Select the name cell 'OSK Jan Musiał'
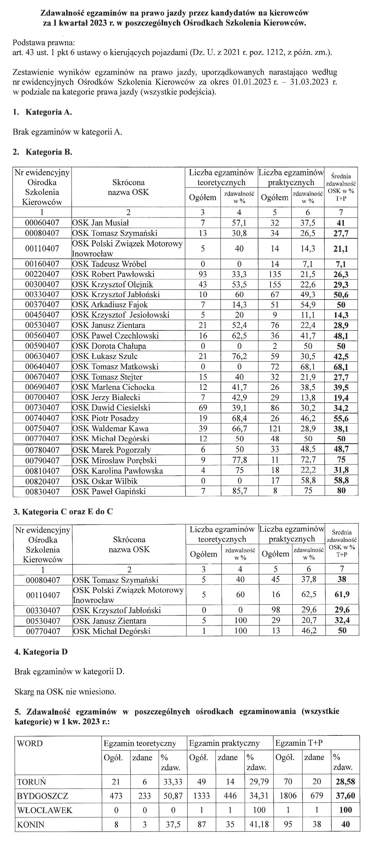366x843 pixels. click(100, 223)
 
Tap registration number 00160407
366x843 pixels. click(42, 264)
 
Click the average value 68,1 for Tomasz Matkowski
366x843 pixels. click(341, 367)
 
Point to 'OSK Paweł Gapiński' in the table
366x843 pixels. click(109, 491)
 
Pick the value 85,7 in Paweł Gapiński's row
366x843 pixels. click(239, 491)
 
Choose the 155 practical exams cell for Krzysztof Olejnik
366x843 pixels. click(275, 285)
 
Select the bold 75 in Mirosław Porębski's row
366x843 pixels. click(341, 460)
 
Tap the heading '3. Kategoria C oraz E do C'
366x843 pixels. click(63, 512)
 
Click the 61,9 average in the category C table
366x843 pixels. click(342, 595)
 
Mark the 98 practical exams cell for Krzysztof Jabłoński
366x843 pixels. click(276, 610)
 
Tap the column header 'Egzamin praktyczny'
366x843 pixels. click(224, 743)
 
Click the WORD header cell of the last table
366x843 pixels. click(30, 743)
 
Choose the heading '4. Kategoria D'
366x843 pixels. click(41, 652)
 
